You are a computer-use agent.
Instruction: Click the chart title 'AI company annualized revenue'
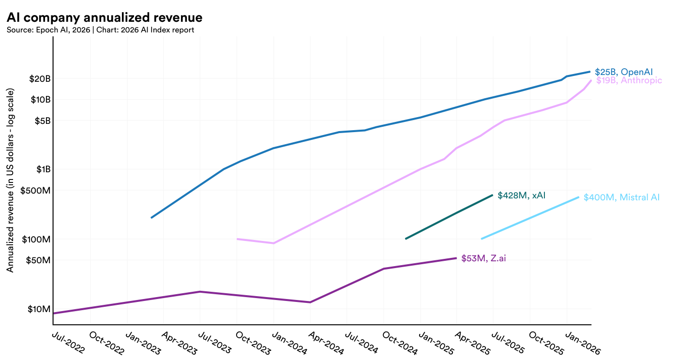tap(105, 17)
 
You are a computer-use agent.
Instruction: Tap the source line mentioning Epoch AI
tap(100, 30)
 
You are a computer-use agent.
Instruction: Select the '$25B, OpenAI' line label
tap(624, 72)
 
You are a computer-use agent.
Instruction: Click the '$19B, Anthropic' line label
tap(629, 80)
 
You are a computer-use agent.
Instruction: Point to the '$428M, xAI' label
tap(522, 195)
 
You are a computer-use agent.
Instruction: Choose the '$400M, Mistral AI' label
tap(621, 197)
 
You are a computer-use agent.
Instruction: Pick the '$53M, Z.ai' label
tap(483, 258)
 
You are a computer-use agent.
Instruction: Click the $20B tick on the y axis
tap(40, 79)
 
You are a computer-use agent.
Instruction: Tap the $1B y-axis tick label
tap(43, 169)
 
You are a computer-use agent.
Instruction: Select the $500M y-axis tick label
tap(35, 191)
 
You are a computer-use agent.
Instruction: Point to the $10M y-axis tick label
tap(39, 309)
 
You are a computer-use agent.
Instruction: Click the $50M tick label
tap(38, 260)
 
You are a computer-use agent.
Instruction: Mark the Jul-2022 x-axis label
tap(68, 343)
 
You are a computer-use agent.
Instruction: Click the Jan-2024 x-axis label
tap(290, 343)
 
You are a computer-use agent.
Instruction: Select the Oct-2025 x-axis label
tap(547, 343)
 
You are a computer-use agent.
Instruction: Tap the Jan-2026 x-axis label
tap(583, 343)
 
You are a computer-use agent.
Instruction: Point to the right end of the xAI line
tap(492, 195)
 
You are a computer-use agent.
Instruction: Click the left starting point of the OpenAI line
tap(151, 218)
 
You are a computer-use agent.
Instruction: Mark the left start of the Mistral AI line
tap(482, 239)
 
